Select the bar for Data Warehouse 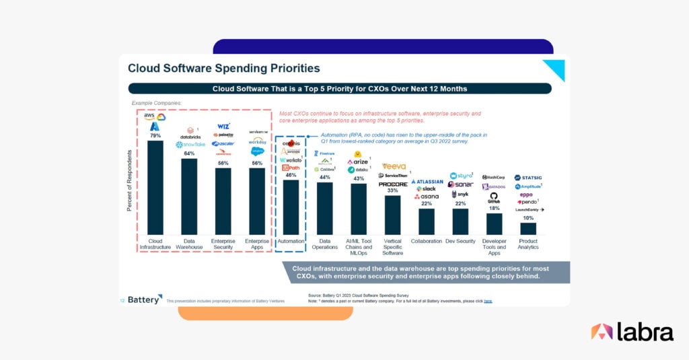click(189, 196)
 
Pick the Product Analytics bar click(528, 228)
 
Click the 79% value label click(155, 136)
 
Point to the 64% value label click(189, 153)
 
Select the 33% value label click(392, 190)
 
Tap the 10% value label click(528, 218)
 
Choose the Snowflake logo click(189, 144)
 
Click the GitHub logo click(493, 196)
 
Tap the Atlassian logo click(427, 181)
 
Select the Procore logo click(392, 183)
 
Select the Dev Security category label click(460, 241)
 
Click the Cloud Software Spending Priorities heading click(223, 68)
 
